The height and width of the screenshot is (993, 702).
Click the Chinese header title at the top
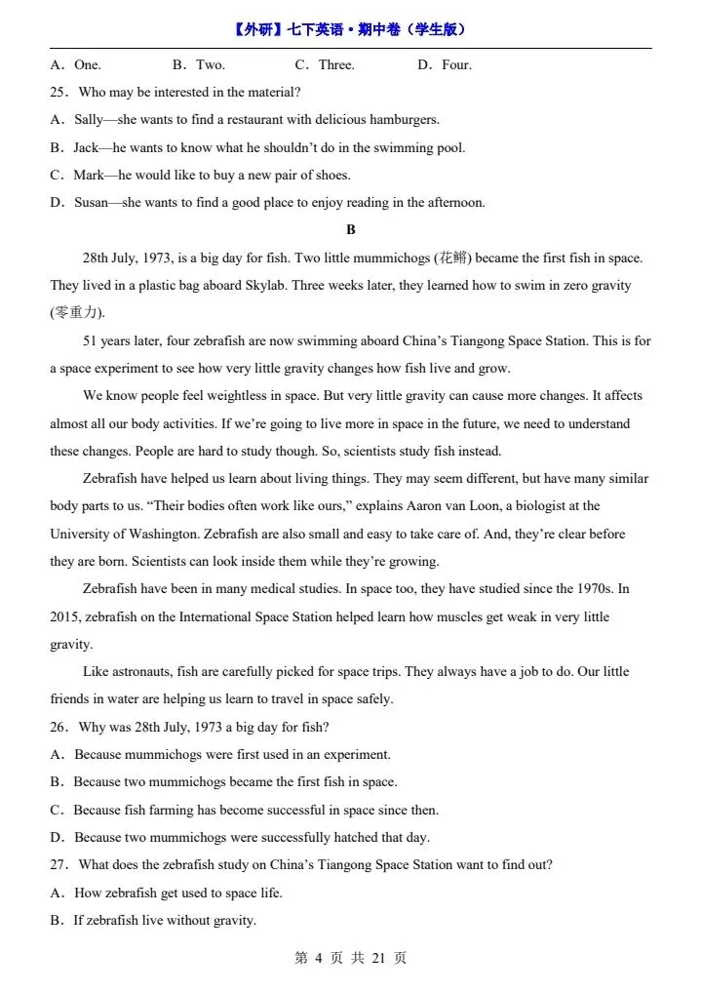350,29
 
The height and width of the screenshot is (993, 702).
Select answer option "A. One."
76,65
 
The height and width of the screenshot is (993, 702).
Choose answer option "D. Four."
445,65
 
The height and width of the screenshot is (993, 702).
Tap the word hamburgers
402,120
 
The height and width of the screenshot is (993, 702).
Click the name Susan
92,203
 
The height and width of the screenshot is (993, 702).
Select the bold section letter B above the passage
351,230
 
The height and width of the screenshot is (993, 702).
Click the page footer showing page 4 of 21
350,958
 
